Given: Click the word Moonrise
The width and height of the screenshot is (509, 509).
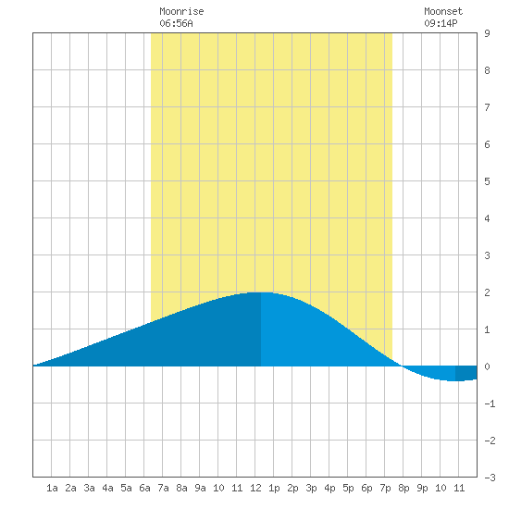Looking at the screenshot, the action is (x=181, y=11).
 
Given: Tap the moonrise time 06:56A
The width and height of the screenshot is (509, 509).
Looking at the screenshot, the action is (x=176, y=23).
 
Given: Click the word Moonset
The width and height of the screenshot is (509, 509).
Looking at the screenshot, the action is (x=443, y=11).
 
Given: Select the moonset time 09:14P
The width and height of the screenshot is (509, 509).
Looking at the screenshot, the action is (x=441, y=23).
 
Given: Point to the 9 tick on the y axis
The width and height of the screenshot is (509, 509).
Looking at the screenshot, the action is (x=487, y=33).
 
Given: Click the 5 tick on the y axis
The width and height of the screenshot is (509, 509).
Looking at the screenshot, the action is (x=487, y=181).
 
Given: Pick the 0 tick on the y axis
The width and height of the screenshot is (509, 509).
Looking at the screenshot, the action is (x=487, y=366).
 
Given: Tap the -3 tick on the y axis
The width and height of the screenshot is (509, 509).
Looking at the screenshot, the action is (x=490, y=478).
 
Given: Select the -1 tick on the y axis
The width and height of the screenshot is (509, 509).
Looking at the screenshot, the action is (x=490, y=403).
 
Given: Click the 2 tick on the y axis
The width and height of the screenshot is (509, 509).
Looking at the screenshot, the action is (x=487, y=292).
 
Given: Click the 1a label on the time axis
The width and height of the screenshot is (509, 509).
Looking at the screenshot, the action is (x=52, y=488).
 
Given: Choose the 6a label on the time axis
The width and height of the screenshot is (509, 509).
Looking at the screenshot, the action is (x=144, y=488).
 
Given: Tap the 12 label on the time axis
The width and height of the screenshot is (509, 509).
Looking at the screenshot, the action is (x=255, y=488).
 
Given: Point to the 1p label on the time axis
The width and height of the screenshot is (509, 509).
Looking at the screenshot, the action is (x=274, y=488).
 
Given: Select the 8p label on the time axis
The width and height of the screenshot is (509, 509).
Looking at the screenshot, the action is (x=403, y=488).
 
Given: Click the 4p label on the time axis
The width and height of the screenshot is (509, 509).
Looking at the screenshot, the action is (x=329, y=488).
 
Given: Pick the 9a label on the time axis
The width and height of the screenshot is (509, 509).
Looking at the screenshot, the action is (x=200, y=488).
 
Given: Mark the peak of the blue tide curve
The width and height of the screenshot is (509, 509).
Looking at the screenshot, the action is (x=261, y=292).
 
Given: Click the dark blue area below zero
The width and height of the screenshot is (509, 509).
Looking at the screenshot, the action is (x=466, y=373).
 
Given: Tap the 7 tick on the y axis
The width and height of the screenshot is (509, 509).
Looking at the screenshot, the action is (x=487, y=107).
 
